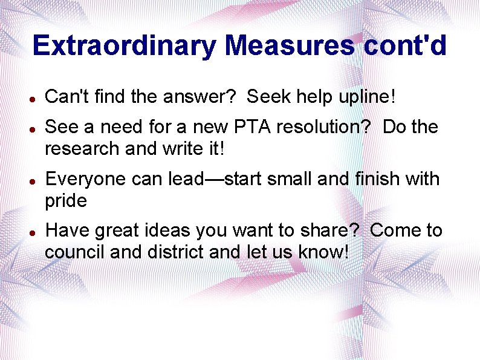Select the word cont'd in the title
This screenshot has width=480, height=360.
(406, 46)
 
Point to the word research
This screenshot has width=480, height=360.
(76, 148)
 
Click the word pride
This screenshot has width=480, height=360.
(66, 200)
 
